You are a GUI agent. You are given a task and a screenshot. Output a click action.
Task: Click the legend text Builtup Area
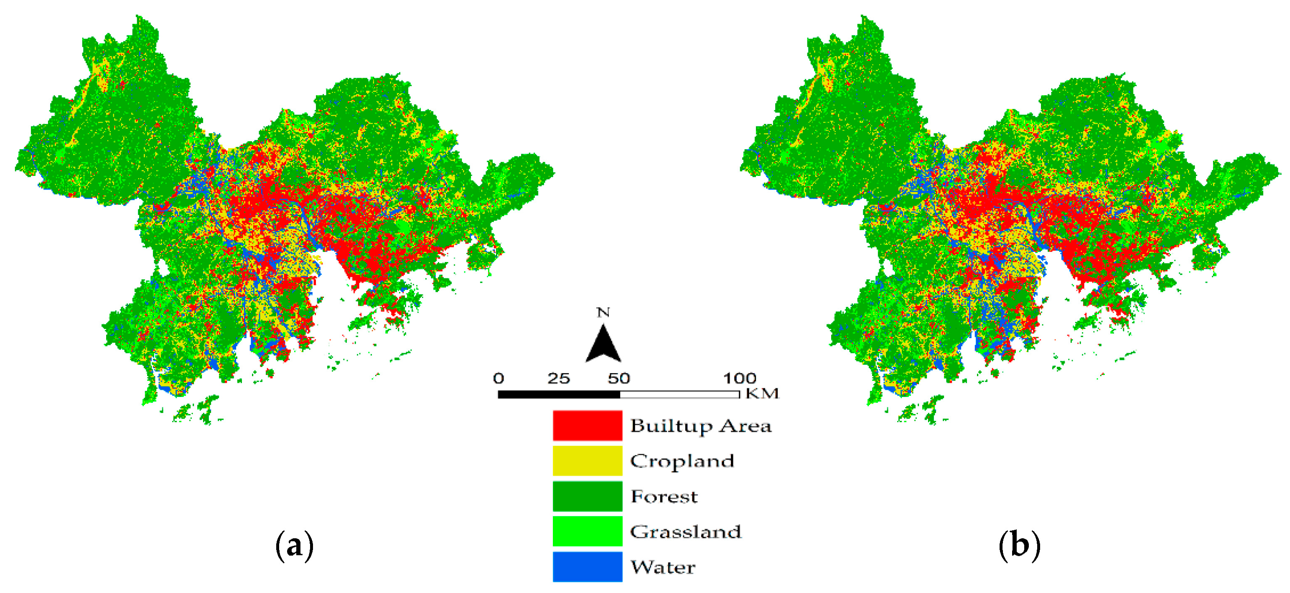pyautogui.click(x=700, y=426)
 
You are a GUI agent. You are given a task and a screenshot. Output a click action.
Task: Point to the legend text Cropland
pyautogui.click(x=682, y=461)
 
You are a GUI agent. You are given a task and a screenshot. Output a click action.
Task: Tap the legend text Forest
pyautogui.click(x=664, y=496)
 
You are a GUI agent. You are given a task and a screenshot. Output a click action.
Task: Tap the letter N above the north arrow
pyautogui.click(x=603, y=313)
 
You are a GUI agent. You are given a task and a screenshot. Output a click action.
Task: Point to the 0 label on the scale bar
pyautogui.click(x=498, y=378)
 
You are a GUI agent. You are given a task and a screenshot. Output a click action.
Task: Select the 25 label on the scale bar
pyautogui.click(x=558, y=378)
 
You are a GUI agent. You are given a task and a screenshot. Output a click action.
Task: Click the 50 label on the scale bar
pyautogui.click(x=619, y=378)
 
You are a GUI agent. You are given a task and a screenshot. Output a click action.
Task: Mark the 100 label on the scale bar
pyautogui.click(x=739, y=378)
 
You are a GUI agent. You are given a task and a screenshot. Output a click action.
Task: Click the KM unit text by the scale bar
pyautogui.click(x=762, y=394)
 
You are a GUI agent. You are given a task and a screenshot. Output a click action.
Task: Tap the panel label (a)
pyautogui.click(x=295, y=545)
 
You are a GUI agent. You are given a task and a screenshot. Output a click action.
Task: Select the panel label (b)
pyautogui.click(x=1020, y=545)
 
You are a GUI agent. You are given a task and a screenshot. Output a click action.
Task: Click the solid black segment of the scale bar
pyautogui.click(x=559, y=394)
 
